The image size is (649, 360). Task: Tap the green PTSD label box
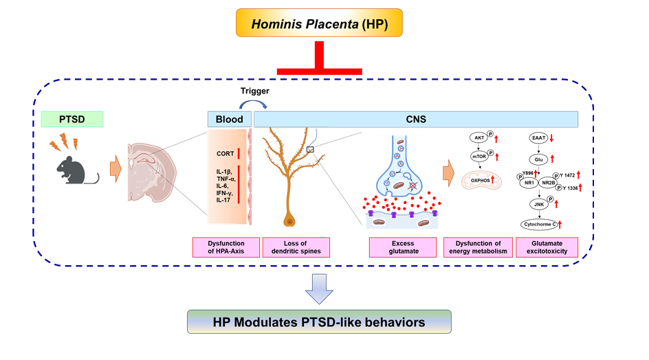pyautogui.click(x=72, y=120)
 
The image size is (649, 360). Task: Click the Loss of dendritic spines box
pyautogui.click(x=298, y=247)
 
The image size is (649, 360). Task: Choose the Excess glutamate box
pyautogui.click(x=403, y=247)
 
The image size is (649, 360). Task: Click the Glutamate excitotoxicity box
pyautogui.click(x=547, y=247)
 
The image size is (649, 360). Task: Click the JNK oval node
pyautogui.click(x=539, y=204)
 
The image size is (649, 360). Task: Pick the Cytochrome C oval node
pyautogui.click(x=539, y=224)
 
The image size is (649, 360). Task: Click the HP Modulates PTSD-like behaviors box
pyautogui.click(x=319, y=322)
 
